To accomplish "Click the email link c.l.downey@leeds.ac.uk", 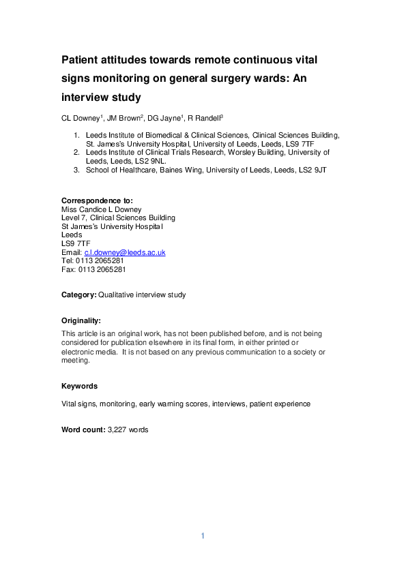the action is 124,252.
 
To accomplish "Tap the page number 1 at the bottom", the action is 203,536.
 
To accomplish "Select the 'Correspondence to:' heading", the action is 98,200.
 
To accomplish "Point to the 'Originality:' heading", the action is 81,320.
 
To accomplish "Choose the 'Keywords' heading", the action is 79,386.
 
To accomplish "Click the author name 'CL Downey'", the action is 78,118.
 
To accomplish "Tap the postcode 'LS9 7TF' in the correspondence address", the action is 75,243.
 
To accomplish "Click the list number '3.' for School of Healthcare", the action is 76,170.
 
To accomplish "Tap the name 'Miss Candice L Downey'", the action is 101,209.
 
